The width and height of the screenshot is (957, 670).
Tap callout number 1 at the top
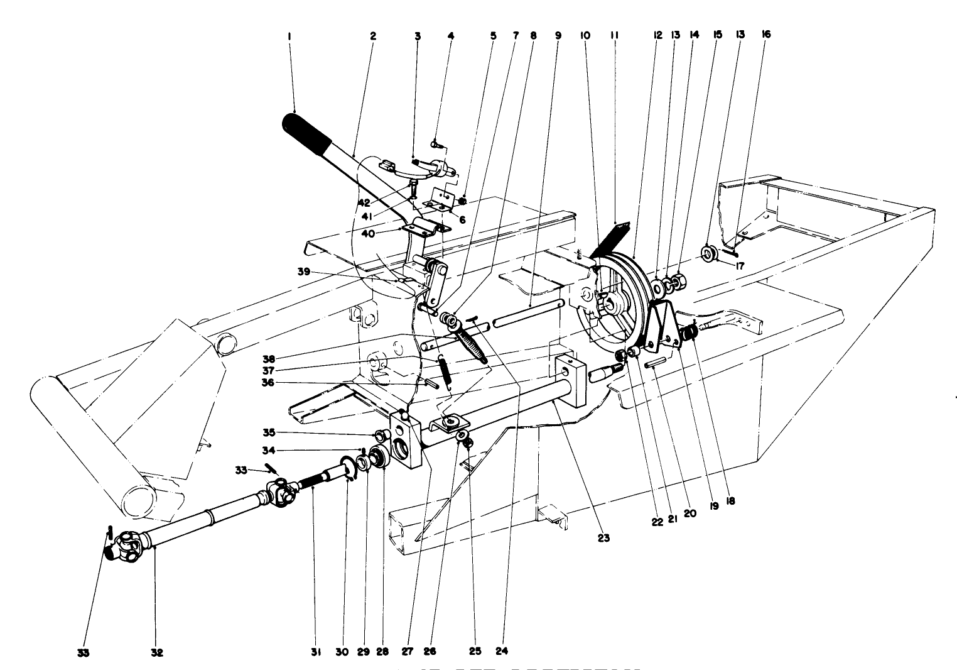289,36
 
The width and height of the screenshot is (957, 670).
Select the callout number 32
157,653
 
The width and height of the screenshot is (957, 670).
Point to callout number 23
603,538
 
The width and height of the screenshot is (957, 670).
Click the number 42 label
364,202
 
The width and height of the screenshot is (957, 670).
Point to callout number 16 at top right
765,36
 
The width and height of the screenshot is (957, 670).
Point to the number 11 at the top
615,36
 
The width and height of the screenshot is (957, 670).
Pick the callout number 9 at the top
558,36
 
